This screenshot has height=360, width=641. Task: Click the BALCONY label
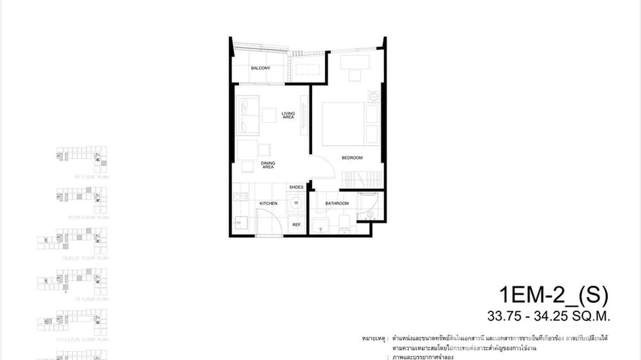click(261, 68)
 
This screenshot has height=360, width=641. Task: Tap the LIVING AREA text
click(288, 115)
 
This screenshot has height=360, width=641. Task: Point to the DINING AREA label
click(268, 165)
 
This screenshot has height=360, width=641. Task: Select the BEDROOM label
click(352, 158)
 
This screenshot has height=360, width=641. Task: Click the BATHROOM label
click(337, 203)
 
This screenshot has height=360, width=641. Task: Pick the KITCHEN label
click(268, 203)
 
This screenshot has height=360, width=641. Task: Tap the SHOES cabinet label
click(296, 187)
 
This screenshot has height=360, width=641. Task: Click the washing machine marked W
click(296, 203)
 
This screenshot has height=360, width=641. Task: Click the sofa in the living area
click(248, 116)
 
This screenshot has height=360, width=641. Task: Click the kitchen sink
click(240, 222)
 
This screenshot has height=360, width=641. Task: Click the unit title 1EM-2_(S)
click(553, 296)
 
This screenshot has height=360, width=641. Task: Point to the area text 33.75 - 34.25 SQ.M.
click(549, 316)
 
